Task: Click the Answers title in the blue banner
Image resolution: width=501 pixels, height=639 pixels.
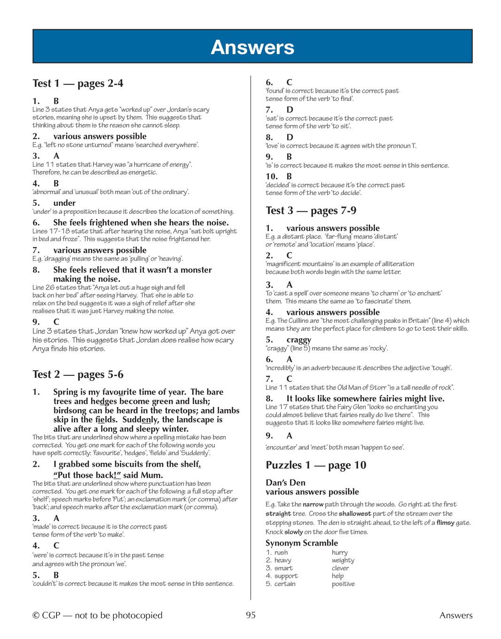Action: tap(252, 47)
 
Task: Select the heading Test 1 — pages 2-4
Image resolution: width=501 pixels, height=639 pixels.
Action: tap(78, 84)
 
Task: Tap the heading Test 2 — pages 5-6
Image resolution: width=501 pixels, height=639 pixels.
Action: tap(78, 374)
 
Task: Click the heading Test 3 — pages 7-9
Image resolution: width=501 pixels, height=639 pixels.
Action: tap(311, 210)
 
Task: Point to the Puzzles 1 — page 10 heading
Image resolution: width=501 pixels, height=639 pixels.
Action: tap(315, 465)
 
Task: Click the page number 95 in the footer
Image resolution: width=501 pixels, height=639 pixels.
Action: tap(250, 615)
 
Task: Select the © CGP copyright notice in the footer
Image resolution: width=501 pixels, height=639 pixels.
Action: tap(97, 615)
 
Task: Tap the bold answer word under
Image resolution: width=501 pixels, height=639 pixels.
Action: tap(64, 203)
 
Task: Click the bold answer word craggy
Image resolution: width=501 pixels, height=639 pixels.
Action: tap(298, 340)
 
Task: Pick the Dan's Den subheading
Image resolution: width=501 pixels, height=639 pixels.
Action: tap(285, 483)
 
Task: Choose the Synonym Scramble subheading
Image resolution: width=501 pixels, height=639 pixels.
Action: tap(301, 543)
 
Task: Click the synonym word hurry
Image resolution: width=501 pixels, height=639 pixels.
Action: tap(339, 553)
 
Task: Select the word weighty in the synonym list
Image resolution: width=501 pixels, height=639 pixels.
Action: tap(343, 560)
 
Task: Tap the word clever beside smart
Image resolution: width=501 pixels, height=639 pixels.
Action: tap(340, 568)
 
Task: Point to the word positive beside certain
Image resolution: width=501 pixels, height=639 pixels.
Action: tap(343, 584)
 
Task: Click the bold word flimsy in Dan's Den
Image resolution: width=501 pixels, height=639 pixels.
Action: tap(445, 522)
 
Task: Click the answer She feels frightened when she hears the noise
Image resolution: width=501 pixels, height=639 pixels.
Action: tap(141, 223)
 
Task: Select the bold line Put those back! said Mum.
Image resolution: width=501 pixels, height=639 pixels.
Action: tap(109, 475)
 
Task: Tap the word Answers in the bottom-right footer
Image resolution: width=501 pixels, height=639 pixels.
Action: tap(455, 615)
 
